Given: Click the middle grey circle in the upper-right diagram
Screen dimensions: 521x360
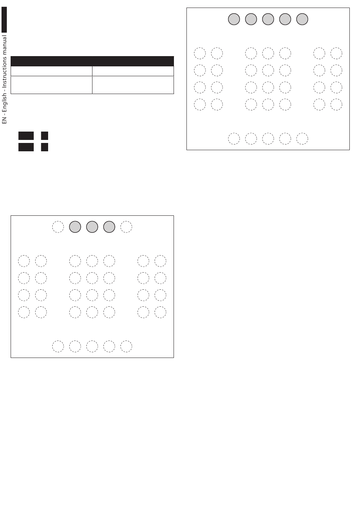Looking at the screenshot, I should click(x=268, y=19).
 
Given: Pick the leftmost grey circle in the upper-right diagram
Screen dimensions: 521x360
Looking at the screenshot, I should click(x=234, y=19).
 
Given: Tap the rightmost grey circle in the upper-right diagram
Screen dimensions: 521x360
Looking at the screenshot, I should click(x=302, y=19).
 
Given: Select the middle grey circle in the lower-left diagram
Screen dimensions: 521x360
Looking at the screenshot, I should click(x=92, y=227).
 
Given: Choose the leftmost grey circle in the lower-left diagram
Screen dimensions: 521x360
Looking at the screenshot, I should click(x=75, y=227).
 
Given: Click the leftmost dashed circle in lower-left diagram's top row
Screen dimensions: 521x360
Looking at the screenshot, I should click(x=58, y=227).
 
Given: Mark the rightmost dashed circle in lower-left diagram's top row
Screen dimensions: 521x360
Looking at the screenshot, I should click(x=126, y=227).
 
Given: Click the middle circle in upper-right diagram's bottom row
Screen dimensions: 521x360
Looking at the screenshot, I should click(x=268, y=138).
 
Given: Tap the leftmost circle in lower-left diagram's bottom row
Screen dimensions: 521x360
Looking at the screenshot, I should click(x=58, y=346).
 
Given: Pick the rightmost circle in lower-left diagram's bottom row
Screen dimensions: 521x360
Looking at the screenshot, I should click(x=126, y=346).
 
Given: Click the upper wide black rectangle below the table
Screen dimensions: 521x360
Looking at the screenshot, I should click(x=26, y=136).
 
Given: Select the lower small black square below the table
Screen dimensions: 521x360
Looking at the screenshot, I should click(x=45, y=147).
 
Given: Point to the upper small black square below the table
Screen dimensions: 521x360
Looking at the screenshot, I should click(x=45, y=136).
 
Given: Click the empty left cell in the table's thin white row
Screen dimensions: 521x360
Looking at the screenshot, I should click(x=52, y=71).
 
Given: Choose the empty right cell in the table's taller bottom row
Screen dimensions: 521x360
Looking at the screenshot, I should click(x=133, y=85).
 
